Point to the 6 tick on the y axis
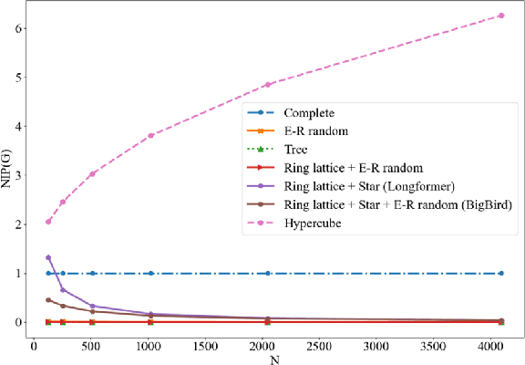[x=19, y=28]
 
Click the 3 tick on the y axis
[x=19, y=175]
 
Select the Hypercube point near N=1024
[x=150, y=135]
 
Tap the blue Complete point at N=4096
[x=501, y=273]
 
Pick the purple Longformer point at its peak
[x=48, y=257]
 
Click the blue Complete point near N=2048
[x=267, y=273]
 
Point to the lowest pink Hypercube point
[x=48, y=221]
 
